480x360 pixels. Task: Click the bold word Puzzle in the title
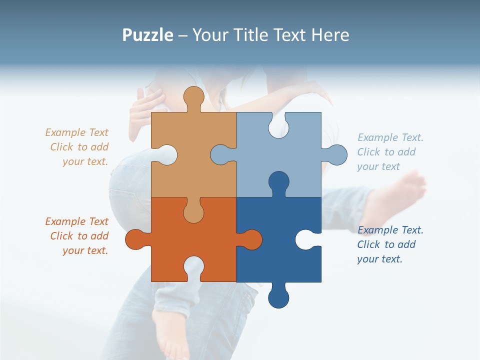(148, 35)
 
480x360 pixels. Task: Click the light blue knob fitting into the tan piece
(221, 154)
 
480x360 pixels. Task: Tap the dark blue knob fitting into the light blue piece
(278, 182)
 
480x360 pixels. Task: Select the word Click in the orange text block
(61, 236)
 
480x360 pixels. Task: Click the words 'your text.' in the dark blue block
(379, 259)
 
